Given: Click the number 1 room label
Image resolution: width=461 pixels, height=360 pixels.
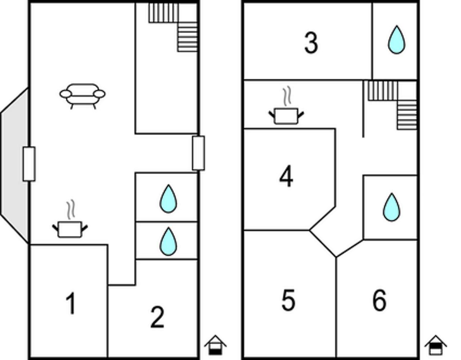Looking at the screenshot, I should click(71, 303).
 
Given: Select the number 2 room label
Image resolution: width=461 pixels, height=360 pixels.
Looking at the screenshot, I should click(157, 317).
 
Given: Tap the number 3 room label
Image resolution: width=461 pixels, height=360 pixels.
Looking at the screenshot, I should click(311, 43).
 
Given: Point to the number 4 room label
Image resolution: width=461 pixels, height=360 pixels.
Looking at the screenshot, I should click(286, 177).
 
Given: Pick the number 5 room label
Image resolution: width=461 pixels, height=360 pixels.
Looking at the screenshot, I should click(288, 300).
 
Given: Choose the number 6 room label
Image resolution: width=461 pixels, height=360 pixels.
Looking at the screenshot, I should click(380, 300).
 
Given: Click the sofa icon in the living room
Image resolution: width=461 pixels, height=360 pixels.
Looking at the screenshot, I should click(82, 95).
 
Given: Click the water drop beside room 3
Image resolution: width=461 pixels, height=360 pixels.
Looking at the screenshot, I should click(396, 40).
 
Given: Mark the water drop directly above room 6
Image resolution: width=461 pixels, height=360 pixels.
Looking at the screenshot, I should click(391, 208).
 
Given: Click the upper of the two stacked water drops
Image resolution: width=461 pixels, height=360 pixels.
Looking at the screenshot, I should click(168, 199).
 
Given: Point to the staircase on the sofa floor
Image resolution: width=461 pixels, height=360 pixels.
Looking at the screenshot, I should click(175, 25).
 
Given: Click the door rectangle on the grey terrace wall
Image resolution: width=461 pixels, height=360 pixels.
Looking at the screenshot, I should click(29, 164).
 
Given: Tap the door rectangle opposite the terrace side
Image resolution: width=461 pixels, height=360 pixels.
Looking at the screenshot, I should click(198, 153).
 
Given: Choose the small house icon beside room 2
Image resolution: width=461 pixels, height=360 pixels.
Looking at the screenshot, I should click(215, 345).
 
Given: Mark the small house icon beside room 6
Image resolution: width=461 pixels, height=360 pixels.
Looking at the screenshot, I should click(435, 345).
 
